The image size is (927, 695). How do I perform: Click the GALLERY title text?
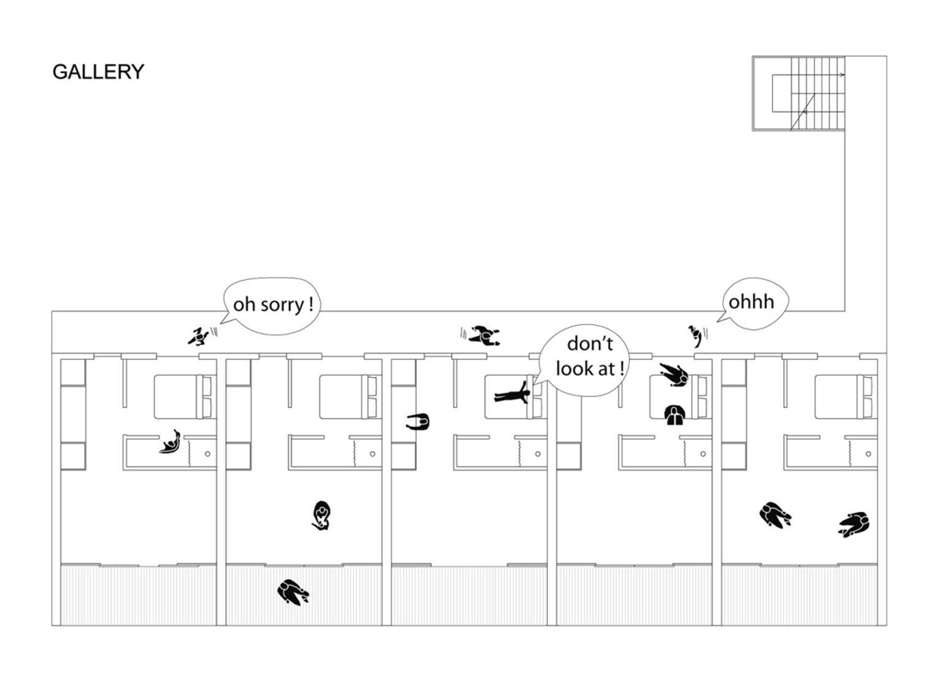pyautogui.click(x=98, y=72)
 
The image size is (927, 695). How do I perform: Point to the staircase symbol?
pyautogui.click(x=798, y=93)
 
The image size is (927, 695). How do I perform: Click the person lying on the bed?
pyautogui.click(x=513, y=394)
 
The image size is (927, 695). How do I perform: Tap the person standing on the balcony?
pyautogui.click(x=292, y=591)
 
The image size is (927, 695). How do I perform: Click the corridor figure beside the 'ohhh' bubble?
pyautogui.click(x=695, y=335)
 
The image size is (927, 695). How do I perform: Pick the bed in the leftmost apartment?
pyautogui.click(x=184, y=397)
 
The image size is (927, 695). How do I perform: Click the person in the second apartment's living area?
pyautogui.click(x=321, y=515)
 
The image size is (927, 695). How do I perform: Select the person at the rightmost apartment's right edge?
pyautogui.click(x=855, y=524)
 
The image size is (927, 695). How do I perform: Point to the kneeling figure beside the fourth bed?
pyautogui.click(x=674, y=415)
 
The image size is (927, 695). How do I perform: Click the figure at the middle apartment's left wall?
pyautogui.click(x=418, y=422)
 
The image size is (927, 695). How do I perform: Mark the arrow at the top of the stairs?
pyautogui.click(x=842, y=75)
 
